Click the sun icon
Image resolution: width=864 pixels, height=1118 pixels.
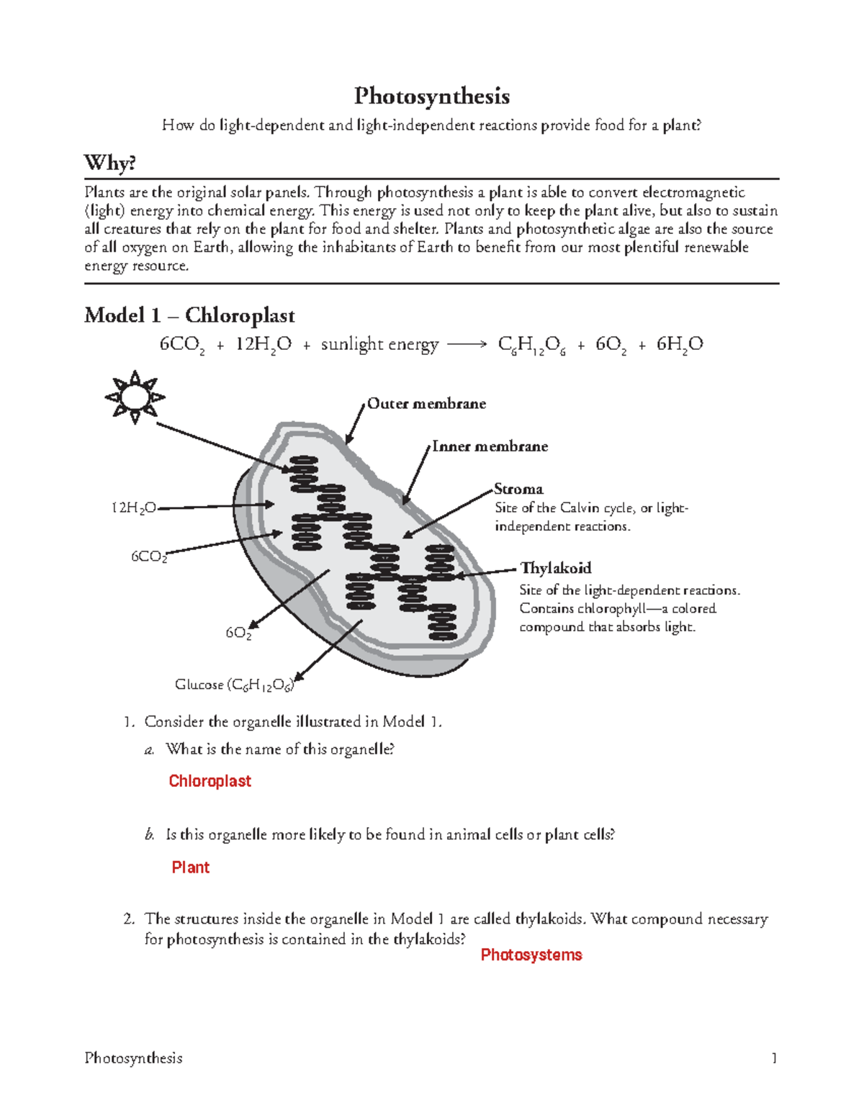[x=135, y=397]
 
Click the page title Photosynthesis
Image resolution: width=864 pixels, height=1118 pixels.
[x=432, y=96]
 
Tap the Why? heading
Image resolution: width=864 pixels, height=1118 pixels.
[x=109, y=163]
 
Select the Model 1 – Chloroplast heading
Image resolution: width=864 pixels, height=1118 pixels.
[x=189, y=315]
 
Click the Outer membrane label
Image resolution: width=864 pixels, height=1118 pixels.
[x=426, y=404]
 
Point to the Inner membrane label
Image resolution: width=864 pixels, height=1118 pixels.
[x=490, y=446]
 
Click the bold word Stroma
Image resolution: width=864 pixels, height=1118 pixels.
[x=518, y=489]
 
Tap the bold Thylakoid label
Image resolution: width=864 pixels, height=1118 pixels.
[x=556, y=568]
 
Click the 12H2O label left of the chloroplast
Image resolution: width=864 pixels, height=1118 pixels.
[x=133, y=508]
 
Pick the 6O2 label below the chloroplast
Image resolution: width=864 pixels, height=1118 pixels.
[x=238, y=633]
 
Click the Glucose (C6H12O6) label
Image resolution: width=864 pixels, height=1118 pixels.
[x=235, y=685]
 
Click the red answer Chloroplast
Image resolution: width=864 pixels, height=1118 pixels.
[x=210, y=781]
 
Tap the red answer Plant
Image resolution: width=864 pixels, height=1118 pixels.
[x=190, y=867]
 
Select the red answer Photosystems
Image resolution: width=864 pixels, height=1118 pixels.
[x=531, y=955]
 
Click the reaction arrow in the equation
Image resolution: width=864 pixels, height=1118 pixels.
[x=467, y=345]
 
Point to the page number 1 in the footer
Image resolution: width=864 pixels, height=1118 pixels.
[x=774, y=1058]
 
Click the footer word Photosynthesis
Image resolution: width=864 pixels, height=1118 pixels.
[x=133, y=1058]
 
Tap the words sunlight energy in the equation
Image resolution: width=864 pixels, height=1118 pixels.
[x=379, y=345]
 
